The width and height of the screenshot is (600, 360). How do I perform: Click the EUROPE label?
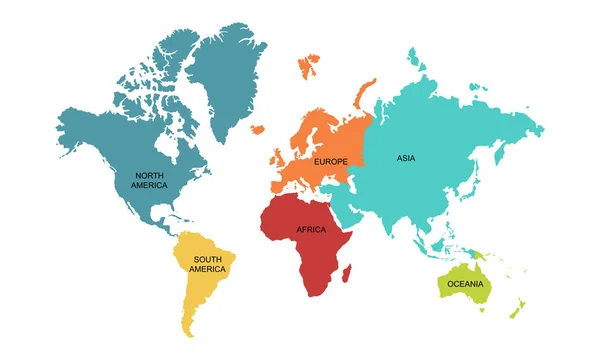[x=330, y=162]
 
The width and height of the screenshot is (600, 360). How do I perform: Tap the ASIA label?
[x=405, y=158]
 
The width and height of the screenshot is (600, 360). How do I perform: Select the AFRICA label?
[x=311, y=230]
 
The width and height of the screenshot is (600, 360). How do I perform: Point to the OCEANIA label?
[x=466, y=285]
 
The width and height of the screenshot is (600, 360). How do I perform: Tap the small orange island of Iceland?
[x=257, y=128]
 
